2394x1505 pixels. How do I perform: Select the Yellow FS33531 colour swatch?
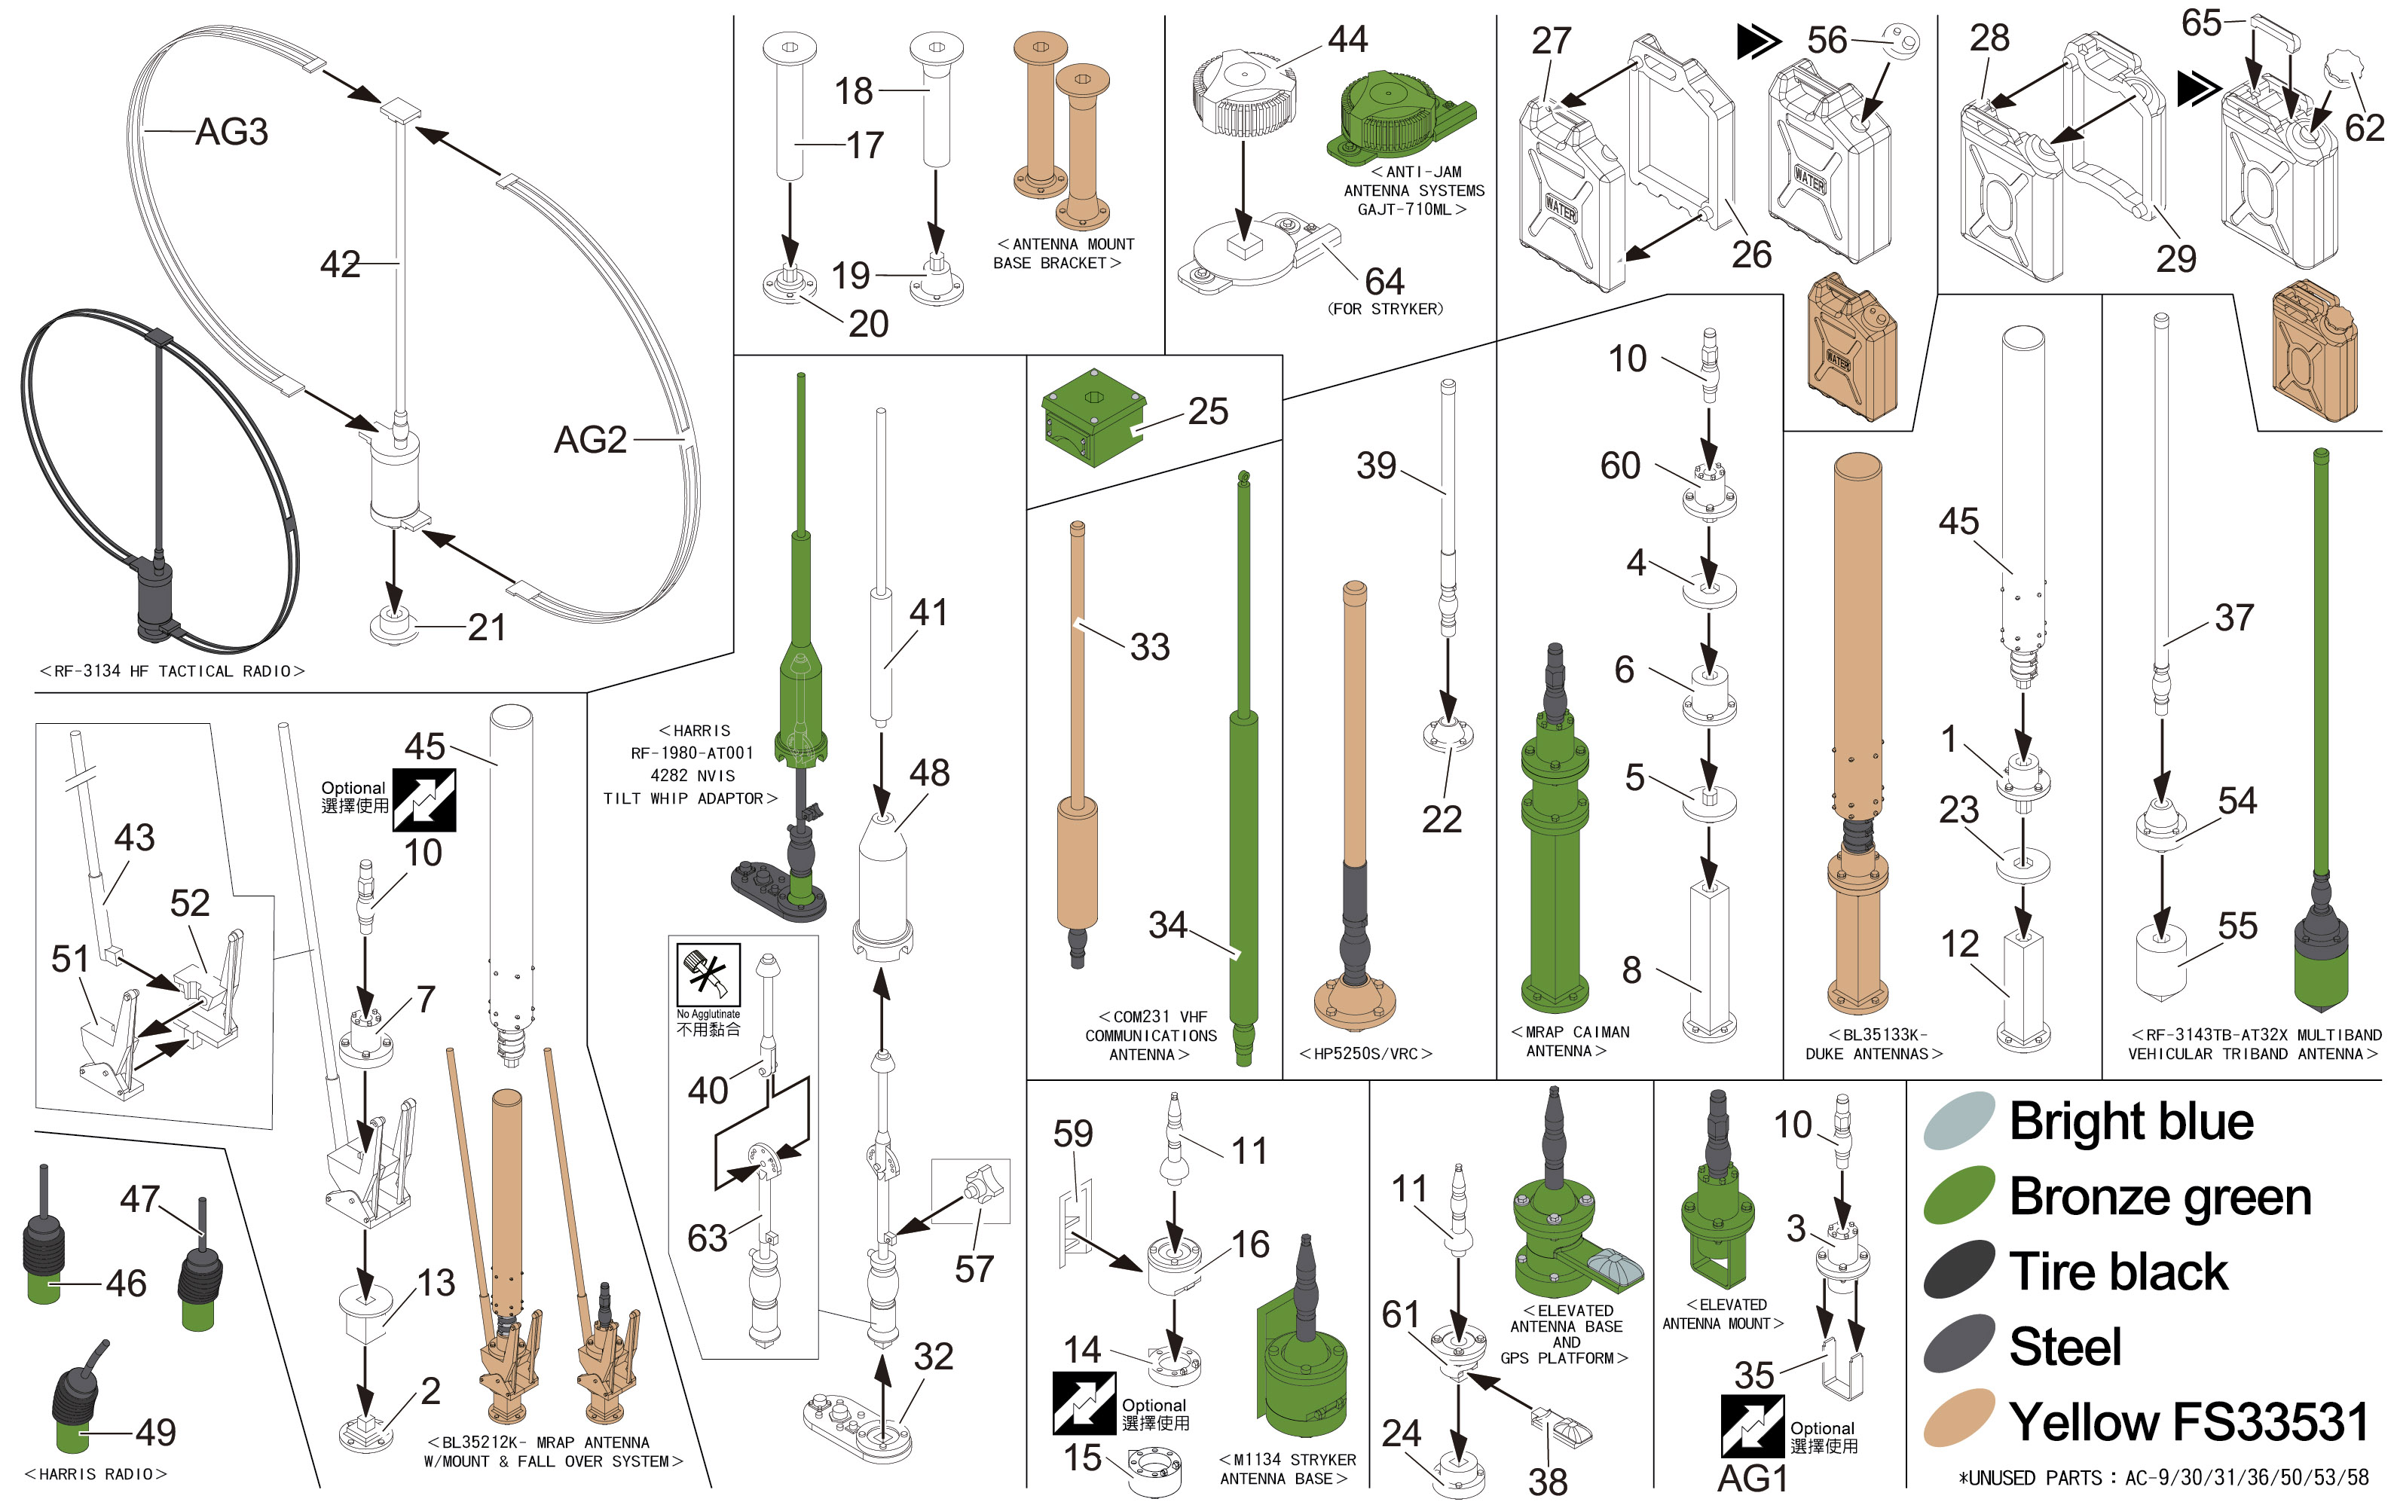(1958, 1418)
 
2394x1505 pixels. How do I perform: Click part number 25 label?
(1208, 411)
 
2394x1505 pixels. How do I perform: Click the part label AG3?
(231, 131)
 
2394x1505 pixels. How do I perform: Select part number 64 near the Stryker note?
(1384, 281)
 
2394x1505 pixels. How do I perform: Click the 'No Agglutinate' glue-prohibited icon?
(708, 973)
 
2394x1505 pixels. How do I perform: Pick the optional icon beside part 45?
(424, 799)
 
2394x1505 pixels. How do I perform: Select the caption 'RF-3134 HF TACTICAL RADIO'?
(172, 671)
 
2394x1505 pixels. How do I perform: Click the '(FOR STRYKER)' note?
(1385, 309)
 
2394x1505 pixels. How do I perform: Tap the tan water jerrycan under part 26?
(1851, 348)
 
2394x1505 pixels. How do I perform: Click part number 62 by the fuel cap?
(2363, 128)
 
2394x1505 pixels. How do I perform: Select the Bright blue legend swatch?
(1958, 1120)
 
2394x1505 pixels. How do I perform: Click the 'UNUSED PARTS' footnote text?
(2163, 1478)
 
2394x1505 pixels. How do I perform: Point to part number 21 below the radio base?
(486, 627)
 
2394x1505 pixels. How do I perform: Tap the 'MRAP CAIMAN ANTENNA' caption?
(1569, 1042)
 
